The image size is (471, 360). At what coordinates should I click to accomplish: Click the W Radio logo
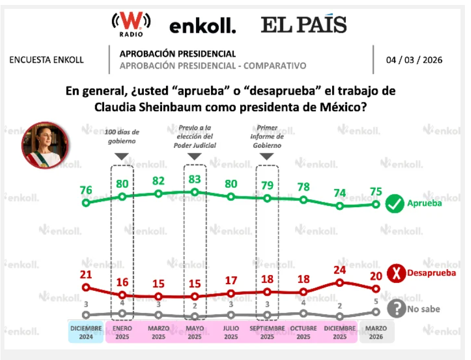point(131,24)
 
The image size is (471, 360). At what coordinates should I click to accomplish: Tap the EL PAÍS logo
point(304,24)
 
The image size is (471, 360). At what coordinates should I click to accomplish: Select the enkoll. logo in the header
point(203,25)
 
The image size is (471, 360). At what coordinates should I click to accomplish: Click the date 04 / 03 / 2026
point(415,60)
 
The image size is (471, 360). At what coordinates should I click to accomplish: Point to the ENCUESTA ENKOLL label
point(46,60)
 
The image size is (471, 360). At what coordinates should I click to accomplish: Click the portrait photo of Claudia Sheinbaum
point(45,145)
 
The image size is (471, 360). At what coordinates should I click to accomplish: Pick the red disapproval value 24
point(340,270)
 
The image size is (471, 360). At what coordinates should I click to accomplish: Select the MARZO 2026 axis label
point(376,332)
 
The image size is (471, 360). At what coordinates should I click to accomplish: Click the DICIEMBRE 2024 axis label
point(86,332)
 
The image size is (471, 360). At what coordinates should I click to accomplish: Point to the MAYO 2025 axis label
point(194,332)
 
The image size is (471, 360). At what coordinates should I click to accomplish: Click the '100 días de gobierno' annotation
point(122,136)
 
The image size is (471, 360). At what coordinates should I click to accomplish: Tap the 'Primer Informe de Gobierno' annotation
point(267,136)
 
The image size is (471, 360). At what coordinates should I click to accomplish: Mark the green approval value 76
point(86,190)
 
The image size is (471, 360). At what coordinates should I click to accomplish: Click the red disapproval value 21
point(86,275)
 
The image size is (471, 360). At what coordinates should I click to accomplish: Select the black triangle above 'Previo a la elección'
point(194,157)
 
